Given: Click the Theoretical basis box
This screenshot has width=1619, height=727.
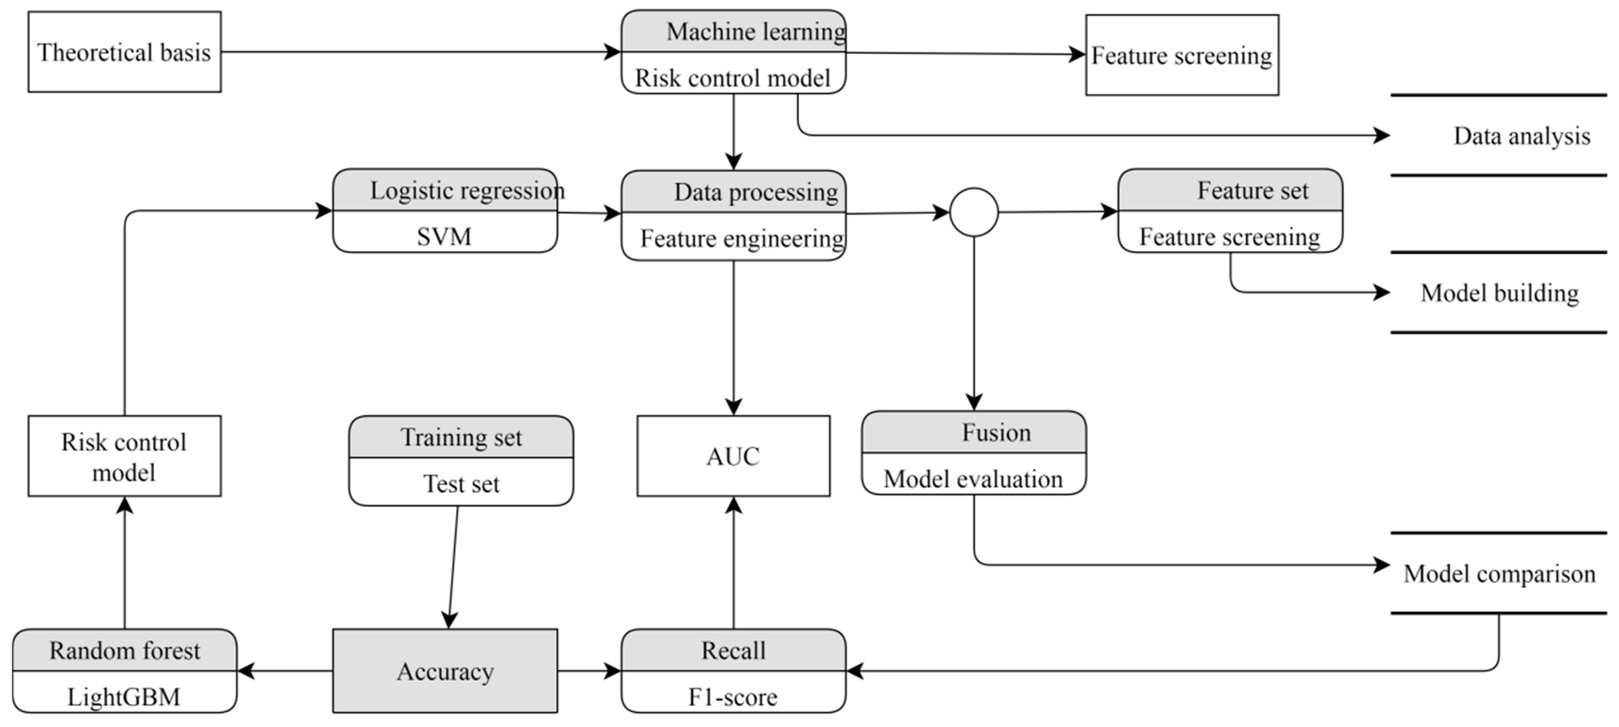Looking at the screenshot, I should (x=125, y=52).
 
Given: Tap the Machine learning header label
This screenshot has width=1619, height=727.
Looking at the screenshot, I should (x=755, y=32).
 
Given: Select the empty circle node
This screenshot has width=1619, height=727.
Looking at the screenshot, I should (x=974, y=212).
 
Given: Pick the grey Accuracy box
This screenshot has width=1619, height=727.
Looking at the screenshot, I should (x=445, y=671).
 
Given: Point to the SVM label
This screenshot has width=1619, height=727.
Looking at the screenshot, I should (x=444, y=237).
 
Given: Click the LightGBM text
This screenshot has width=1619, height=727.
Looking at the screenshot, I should (x=124, y=696).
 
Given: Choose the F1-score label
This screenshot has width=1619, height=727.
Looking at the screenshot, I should (x=733, y=697).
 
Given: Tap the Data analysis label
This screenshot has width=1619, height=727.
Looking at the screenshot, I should (x=1521, y=136).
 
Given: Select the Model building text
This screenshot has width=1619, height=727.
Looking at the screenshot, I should (x=1499, y=293).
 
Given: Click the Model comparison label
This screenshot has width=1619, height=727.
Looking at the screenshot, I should (x=1499, y=574).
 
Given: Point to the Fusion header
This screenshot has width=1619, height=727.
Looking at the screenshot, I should (x=996, y=433).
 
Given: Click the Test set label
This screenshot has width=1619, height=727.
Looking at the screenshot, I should (x=461, y=483).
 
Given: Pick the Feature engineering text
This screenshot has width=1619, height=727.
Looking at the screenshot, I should (x=741, y=238).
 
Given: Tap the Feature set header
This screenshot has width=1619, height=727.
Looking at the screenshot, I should (x=1252, y=191).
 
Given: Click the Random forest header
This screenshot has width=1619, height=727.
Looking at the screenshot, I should (x=125, y=650).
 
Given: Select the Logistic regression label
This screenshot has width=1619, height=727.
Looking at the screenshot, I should (x=466, y=191).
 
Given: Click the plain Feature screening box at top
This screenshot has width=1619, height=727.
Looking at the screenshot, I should (x=1181, y=55).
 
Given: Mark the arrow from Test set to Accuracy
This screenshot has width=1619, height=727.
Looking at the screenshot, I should (x=453, y=566).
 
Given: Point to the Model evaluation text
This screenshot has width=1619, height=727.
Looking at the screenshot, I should (x=973, y=479).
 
